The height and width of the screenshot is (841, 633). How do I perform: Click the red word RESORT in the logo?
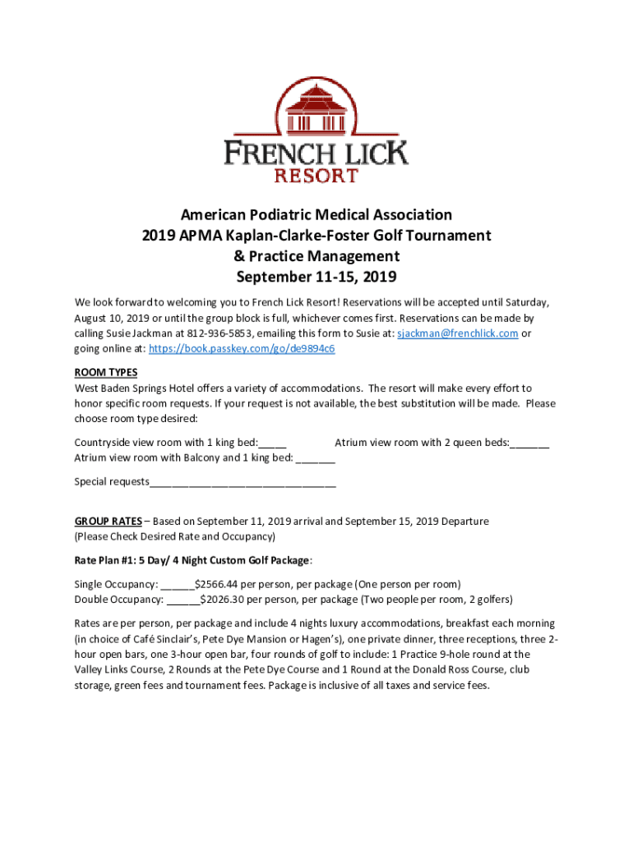point(316,175)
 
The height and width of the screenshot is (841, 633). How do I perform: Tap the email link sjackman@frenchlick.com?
point(457,333)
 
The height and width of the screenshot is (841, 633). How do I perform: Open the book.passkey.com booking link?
point(241,348)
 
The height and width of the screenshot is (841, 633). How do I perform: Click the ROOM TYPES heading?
point(106,372)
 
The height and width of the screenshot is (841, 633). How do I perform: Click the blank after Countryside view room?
point(273,443)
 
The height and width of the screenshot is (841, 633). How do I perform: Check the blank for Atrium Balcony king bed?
point(316,457)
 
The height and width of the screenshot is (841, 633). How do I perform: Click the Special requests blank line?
point(243,481)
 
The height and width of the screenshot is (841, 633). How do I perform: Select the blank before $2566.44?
point(177,584)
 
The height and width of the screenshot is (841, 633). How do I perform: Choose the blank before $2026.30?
point(183,599)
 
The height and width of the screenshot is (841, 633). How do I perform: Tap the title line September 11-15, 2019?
point(316,276)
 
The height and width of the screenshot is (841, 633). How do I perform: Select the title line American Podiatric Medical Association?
point(316,215)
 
